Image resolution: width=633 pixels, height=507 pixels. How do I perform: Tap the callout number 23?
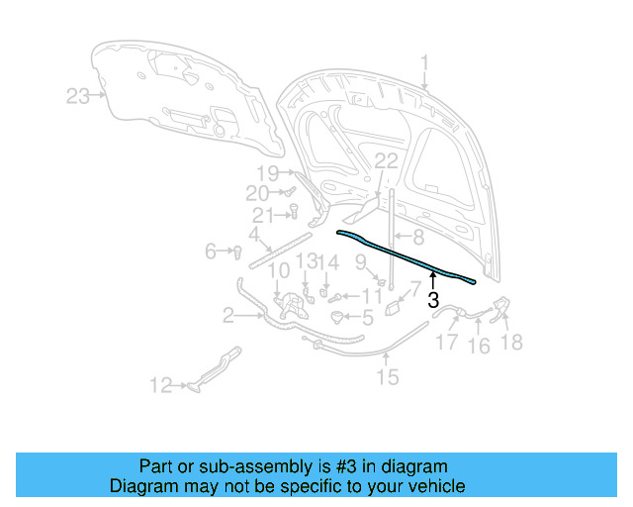(78, 96)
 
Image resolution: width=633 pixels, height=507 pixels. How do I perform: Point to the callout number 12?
(160, 386)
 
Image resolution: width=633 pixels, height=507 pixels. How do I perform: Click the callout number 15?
(387, 376)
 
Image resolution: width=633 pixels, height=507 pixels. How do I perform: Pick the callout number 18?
(512, 343)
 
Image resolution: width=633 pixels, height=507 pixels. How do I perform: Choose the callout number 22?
(386, 161)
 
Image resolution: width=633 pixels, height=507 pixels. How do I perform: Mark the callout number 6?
(211, 252)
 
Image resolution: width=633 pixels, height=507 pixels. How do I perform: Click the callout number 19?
(268, 172)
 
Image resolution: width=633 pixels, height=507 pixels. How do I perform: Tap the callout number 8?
(417, 238)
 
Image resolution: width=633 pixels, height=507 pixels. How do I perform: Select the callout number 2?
(228, 316)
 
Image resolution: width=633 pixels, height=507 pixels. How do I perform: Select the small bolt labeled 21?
(294, 209)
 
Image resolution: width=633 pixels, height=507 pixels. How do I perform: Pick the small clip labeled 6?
(238, 252)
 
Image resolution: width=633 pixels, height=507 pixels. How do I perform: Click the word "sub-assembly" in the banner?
(242, 466)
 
